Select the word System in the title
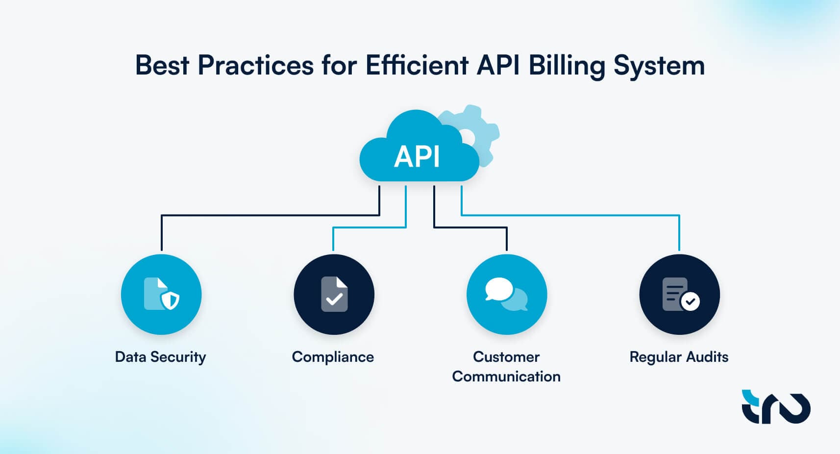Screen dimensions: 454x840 click(x=659, y=66)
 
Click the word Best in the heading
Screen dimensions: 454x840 click(x=162, y=65)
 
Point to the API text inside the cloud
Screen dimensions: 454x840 click(x=417, y=157)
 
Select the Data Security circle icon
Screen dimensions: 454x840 click(x=161, y=294)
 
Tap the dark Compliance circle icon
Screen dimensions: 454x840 click(x=334, y=294)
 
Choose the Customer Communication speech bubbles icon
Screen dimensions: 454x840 click(x=506, y=294)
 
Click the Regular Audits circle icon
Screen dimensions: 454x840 click(x=679, y=294)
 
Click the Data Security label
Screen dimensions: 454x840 click(x=160, y=357)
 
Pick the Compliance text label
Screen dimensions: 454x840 click(x=333, y=357)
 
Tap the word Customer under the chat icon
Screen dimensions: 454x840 click(x=506, y=357)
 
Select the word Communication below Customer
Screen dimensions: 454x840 click(x=506, y=377)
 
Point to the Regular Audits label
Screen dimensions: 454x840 click(x=679, y=357)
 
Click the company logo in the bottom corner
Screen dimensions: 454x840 click(x=776, y=407)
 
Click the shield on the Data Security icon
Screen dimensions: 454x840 click(x=171, y=300)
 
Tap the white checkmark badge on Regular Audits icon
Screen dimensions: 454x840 click(x=691, y=302)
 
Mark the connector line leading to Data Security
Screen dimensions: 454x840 click(x=270, y=215)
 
